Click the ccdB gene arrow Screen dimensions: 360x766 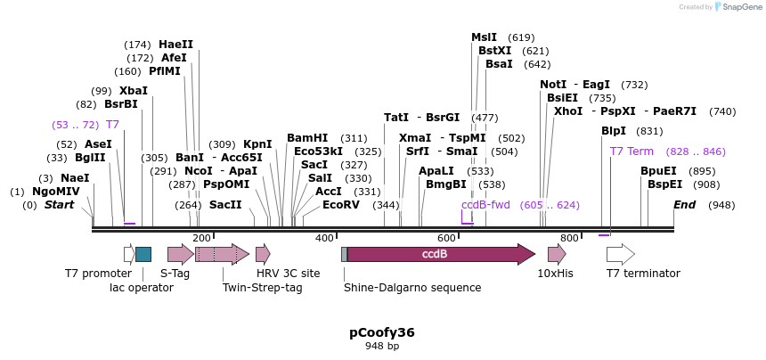point(441,254)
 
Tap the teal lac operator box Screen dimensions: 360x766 point(143,254)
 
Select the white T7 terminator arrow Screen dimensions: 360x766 point(620,254)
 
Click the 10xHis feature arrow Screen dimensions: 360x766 point(557,254)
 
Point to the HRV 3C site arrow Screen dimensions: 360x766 point(263,254)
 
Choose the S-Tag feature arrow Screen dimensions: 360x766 point(180,254)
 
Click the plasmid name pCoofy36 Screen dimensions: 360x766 point(382,332)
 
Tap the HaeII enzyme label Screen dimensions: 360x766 point(175,45)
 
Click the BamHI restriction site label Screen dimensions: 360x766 point(307,138)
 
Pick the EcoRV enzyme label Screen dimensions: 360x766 point(341,205)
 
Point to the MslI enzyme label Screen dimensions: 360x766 point(485,37)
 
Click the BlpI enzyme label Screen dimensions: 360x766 point(614,131)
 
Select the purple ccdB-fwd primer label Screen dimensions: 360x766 point(485,205)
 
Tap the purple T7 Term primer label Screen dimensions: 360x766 point(632,151)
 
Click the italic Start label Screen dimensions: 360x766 point(60,205)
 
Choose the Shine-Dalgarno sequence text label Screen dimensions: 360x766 point(412,288)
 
